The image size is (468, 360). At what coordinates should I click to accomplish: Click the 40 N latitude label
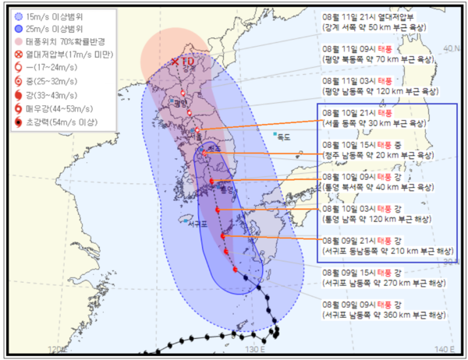452,48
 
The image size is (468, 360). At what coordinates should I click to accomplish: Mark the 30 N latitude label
451,261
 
